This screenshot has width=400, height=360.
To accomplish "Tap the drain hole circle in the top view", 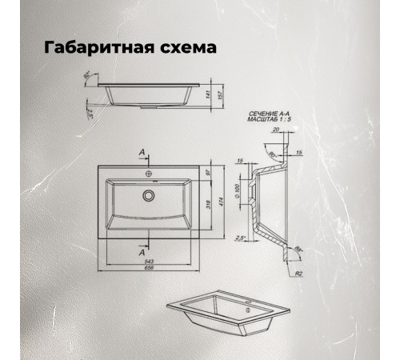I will (147, 194).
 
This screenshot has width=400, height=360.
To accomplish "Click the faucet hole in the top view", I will (147, 172).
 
